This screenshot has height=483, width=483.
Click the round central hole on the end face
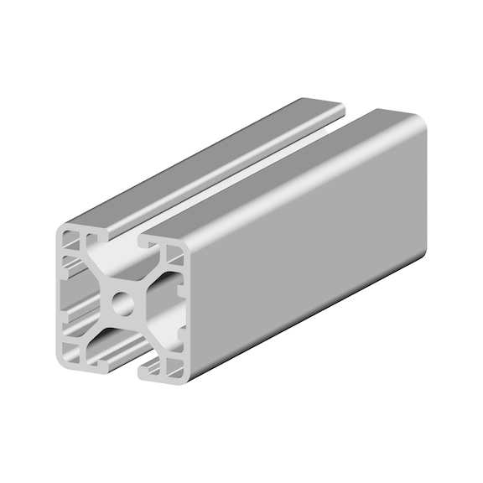(x=124, y=302)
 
